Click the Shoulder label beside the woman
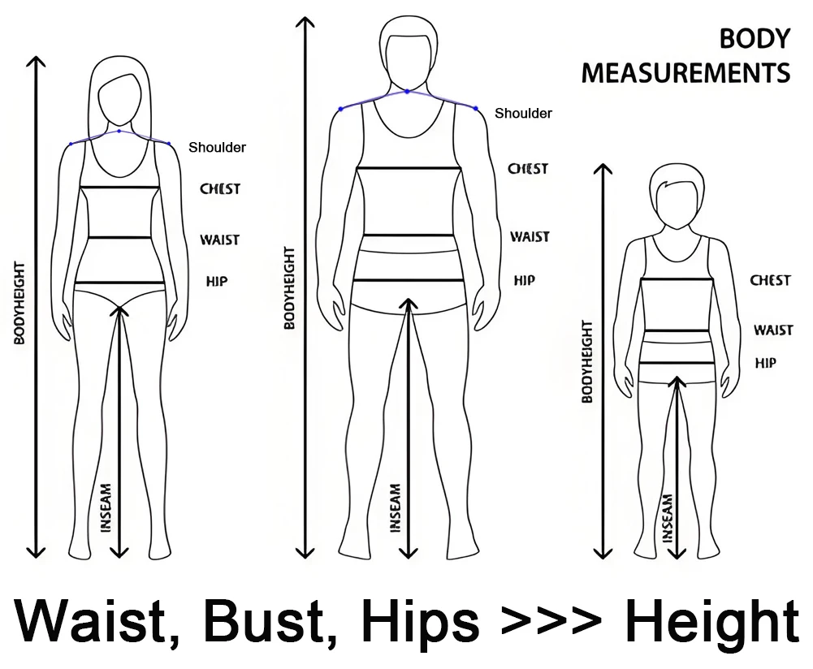(x=217, y=148)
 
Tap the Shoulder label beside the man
(x=523, y=114)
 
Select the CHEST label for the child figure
(x=770, y=280)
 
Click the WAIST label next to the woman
(x=220, y=240)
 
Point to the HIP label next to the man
(x=524, y=280)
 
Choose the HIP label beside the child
(x=765, y=363)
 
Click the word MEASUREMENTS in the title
(x=685, y=72)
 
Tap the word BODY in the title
(x=755, y=39)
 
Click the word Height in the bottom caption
(x=711, y=622)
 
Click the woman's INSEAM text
(x=106, y=507)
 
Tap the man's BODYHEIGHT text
(x=289, y=288)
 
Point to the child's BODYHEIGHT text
(x=586, y=362)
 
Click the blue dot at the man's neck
(x=408, y=91)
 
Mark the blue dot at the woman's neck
(x=119, y=131)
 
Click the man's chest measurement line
(x=409, y=168)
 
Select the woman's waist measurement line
(x=119, y=238)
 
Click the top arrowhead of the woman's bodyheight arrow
(x=36, y=61)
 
